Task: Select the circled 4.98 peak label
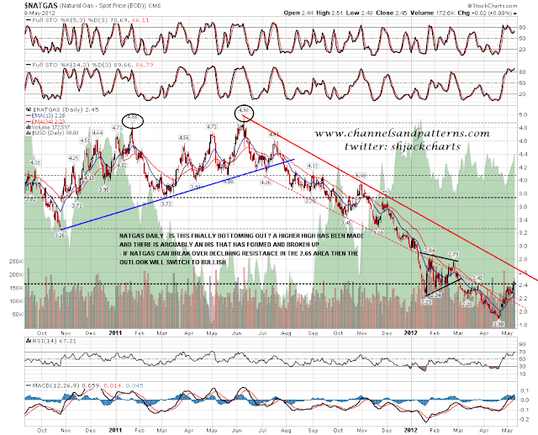[x=243, y=110]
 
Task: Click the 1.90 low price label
[x=497, y=323]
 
